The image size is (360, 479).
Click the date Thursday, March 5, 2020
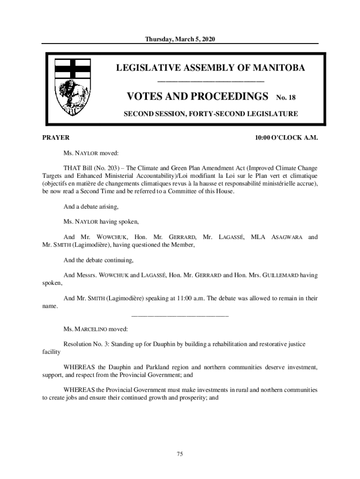point(180,38)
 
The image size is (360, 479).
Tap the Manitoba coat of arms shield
point(72,87)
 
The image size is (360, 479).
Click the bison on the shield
point(72,93)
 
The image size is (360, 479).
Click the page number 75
point(180,454)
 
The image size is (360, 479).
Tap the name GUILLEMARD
point(273,276)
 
